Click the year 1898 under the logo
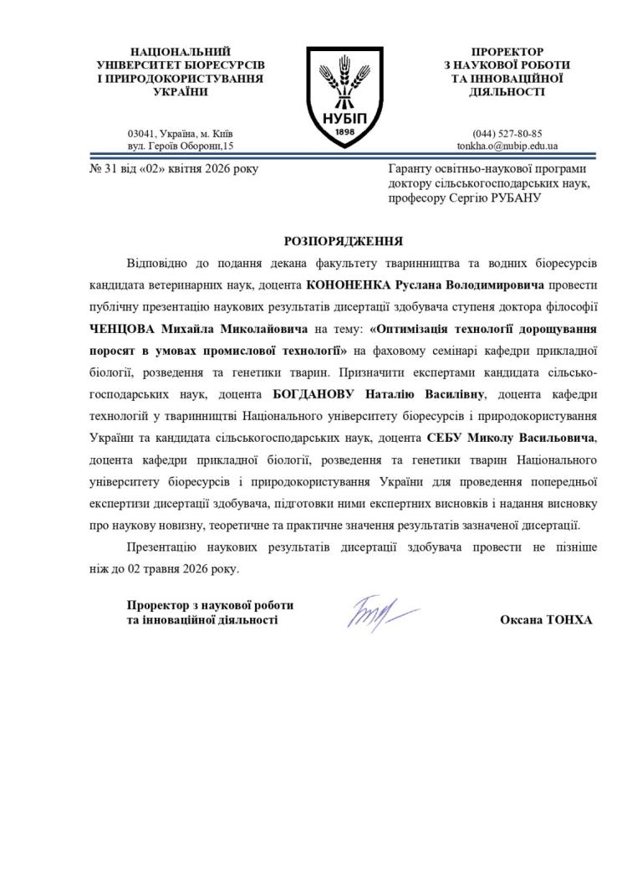coord(340,132)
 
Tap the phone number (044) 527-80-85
coord(507,133)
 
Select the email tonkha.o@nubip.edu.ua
coord(507,146)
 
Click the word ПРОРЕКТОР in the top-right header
coord(507,52)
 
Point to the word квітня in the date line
coord(169,169)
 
